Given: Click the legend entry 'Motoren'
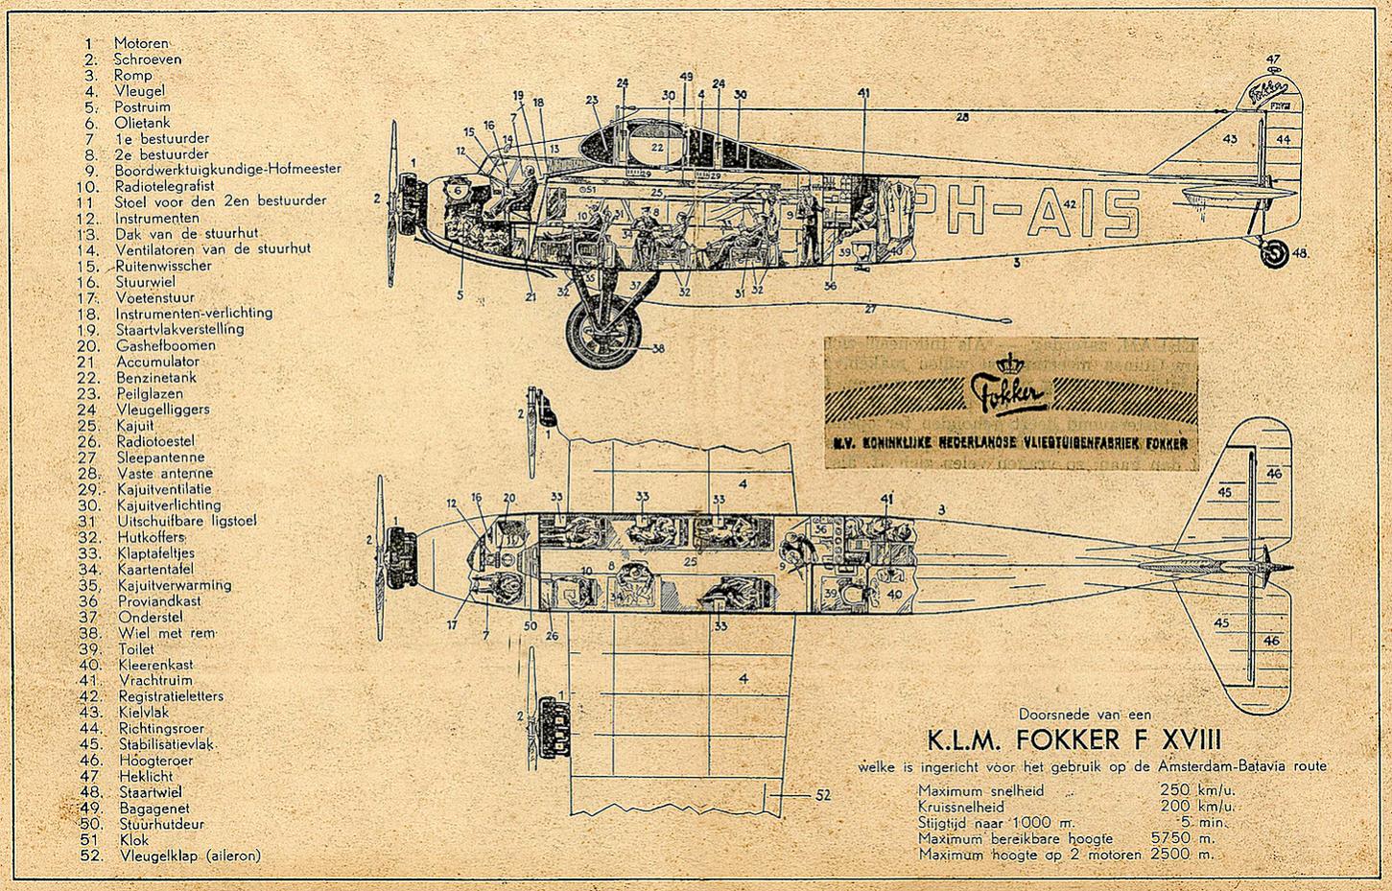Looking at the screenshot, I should (x=141, y=43).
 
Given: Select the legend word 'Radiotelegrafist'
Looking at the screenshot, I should (x=165, y=185).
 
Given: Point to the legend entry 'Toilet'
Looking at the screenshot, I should (x=136, y=648).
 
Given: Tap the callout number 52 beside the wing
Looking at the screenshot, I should (x=822, y=794).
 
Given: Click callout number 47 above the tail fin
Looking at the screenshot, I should (x=1273, y=59).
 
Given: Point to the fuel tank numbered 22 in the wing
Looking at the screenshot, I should (x=656, y=147).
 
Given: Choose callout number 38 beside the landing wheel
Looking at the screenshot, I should (x=657, y=349).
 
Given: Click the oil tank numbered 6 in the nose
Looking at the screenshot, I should (x=458, y=191).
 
